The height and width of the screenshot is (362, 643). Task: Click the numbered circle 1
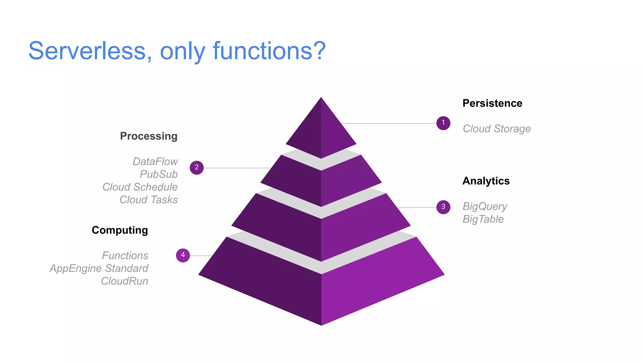tap(443, 123)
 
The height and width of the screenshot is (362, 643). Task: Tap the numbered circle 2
tap(197, 167)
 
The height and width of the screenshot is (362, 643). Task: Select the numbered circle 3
tap(443, 207)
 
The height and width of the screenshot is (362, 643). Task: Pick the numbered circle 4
tap(183, 255)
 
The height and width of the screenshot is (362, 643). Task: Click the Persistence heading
tap(492, 103)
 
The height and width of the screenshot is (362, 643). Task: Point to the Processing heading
tap(149, 136)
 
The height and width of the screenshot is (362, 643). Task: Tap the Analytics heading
tap(486, 181)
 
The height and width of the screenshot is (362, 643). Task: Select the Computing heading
tap(120, 230)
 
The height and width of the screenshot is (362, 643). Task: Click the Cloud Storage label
tap(496, 129)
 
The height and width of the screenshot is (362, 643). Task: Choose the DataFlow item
tap(155, 162)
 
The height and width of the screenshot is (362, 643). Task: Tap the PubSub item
tap(159, 174)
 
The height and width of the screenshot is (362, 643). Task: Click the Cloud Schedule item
tap(140, 187)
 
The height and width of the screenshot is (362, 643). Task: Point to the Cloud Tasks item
tap(149, 200)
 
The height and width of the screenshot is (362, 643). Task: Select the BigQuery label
tap(485, 206)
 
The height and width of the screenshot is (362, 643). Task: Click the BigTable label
tap(483, 219)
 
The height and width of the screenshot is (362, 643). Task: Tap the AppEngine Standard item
tap(99, 268)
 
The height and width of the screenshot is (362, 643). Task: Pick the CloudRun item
tap(124, 281)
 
